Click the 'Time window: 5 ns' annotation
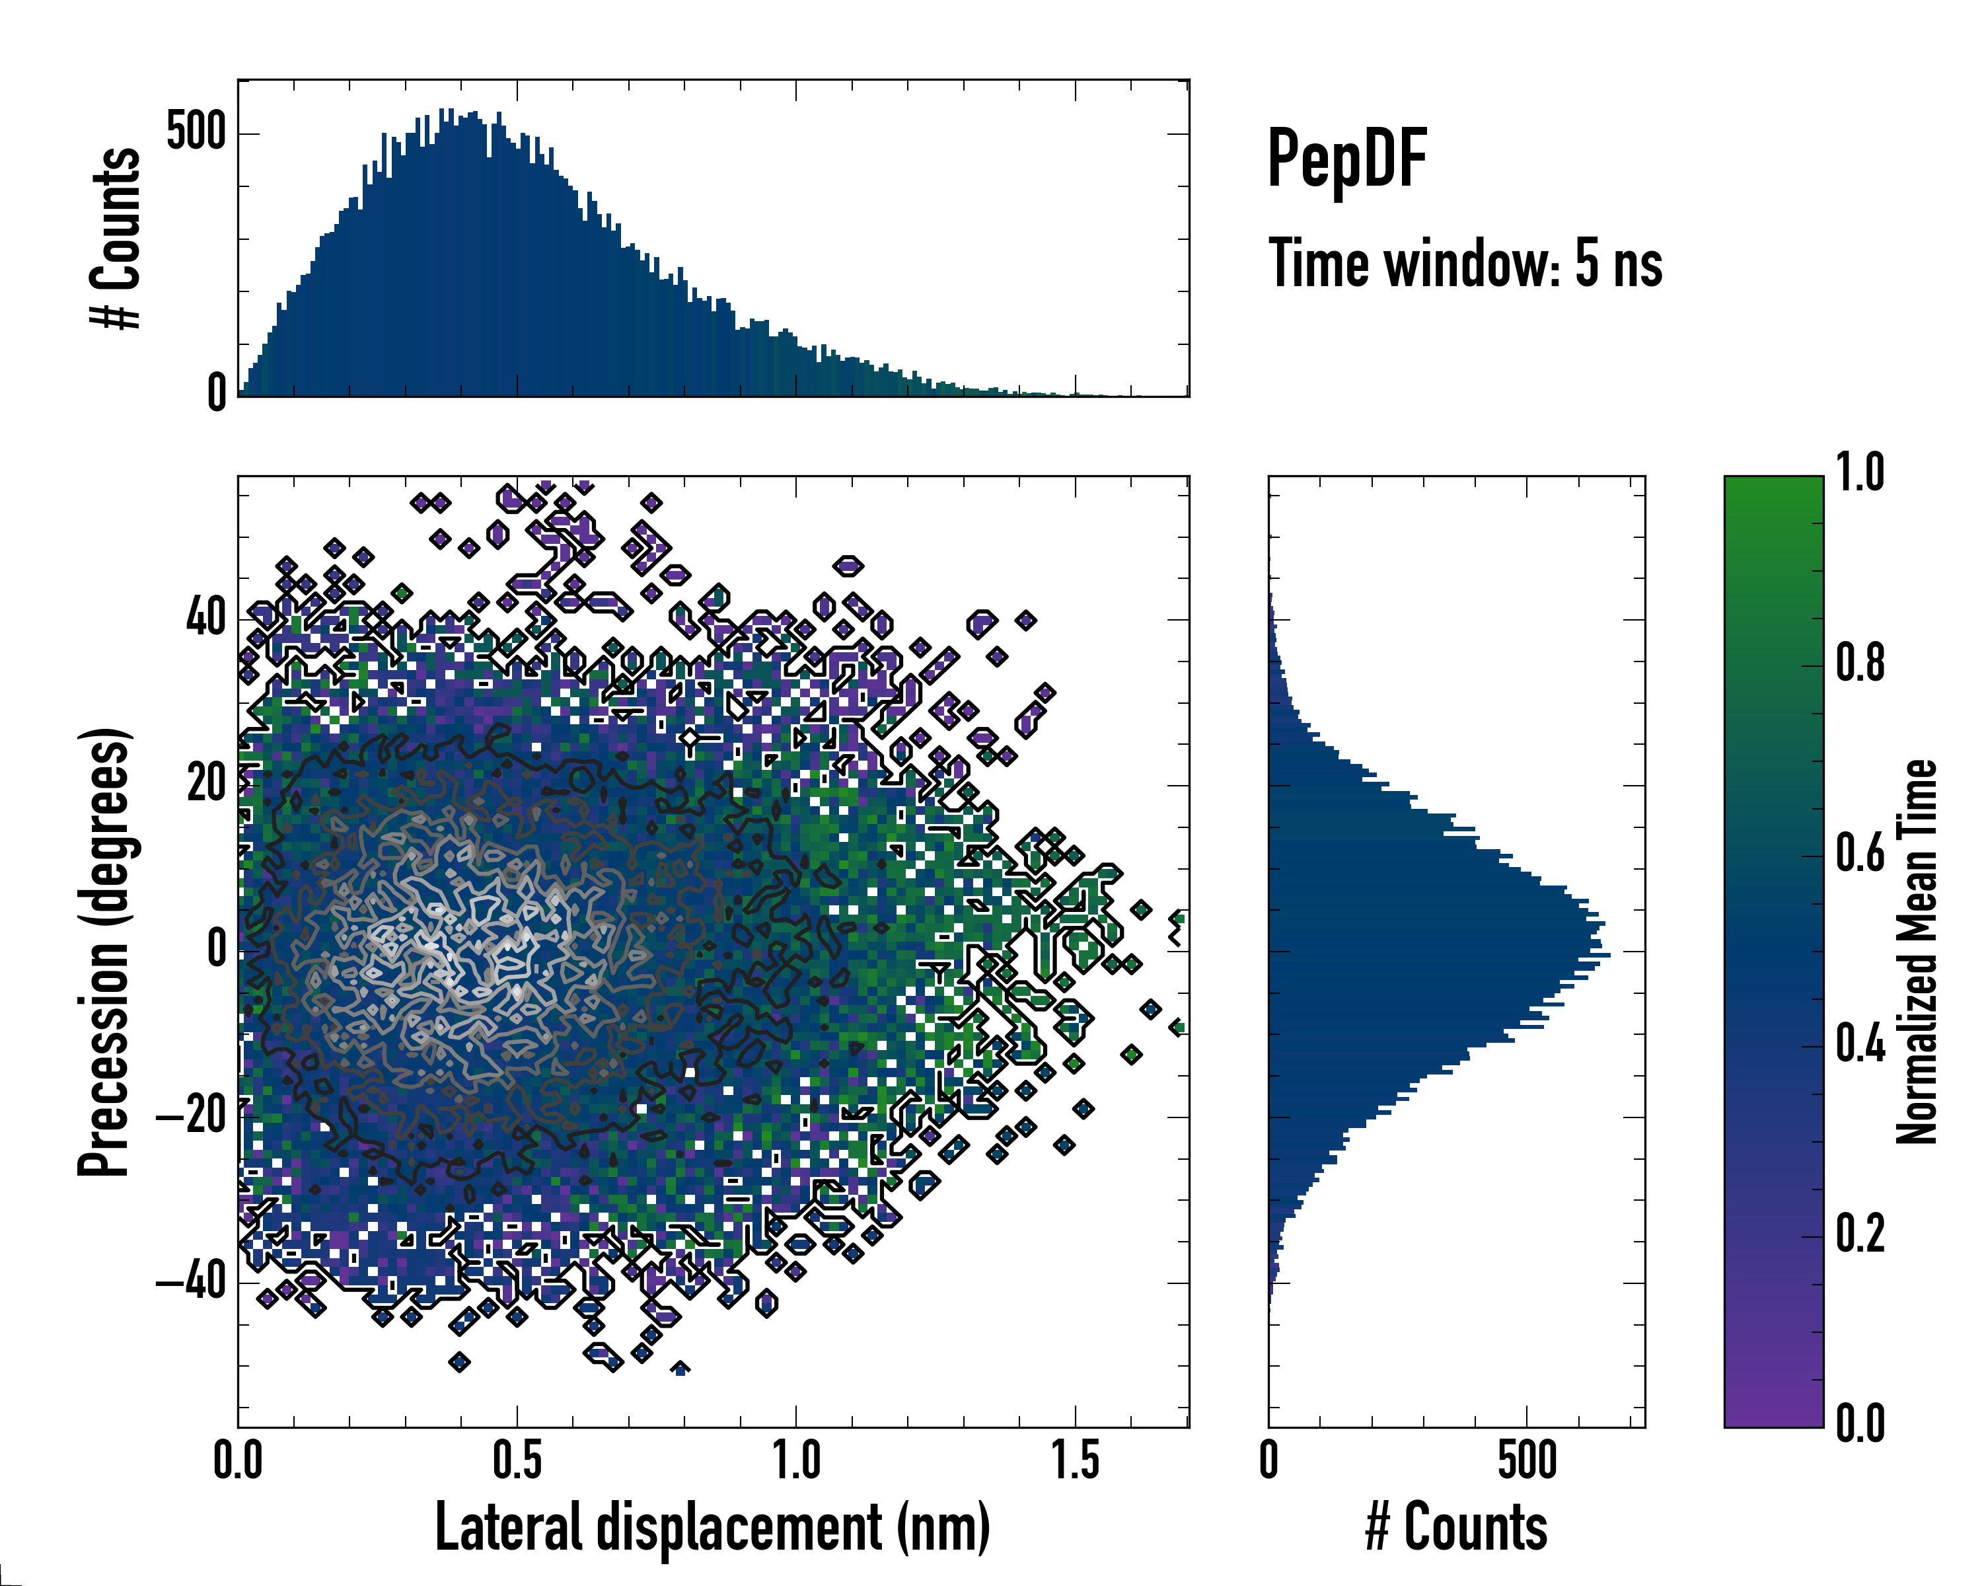(1465, 264)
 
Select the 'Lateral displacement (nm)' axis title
(712, 1527)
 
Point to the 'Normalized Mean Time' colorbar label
(1916, 952)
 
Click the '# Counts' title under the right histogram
(1456, 1527)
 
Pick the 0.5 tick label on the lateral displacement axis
(517, 1461)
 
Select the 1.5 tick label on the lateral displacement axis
(1075, 1461)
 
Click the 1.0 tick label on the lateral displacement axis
(796, 1461)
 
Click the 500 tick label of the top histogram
(196, 132)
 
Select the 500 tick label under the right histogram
(1527, 1461)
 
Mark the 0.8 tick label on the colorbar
(1860, 663)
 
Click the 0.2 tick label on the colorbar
(1860, 1234)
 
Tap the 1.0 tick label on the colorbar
(1860, 472)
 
